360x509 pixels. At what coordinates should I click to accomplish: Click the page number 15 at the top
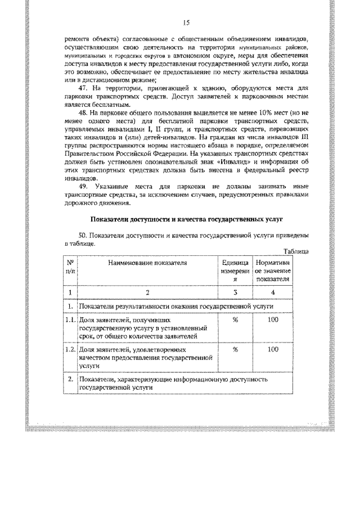click(x=187, y=22)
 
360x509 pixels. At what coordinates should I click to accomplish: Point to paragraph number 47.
click(x=85, y=89)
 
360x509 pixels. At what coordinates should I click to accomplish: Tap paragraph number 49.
click(x=85, y=186)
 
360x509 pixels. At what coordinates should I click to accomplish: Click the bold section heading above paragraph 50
click(x=186, y=217)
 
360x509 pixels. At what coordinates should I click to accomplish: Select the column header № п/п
click(x=71, y=267)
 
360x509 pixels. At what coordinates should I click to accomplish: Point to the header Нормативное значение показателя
click(x=273, y=270)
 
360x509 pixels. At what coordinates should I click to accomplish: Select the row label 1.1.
click(x=70, y=320)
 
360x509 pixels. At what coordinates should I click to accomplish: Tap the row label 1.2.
click(x=70, y=349)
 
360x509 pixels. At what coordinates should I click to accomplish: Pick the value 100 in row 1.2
click(x=273, y=349)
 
